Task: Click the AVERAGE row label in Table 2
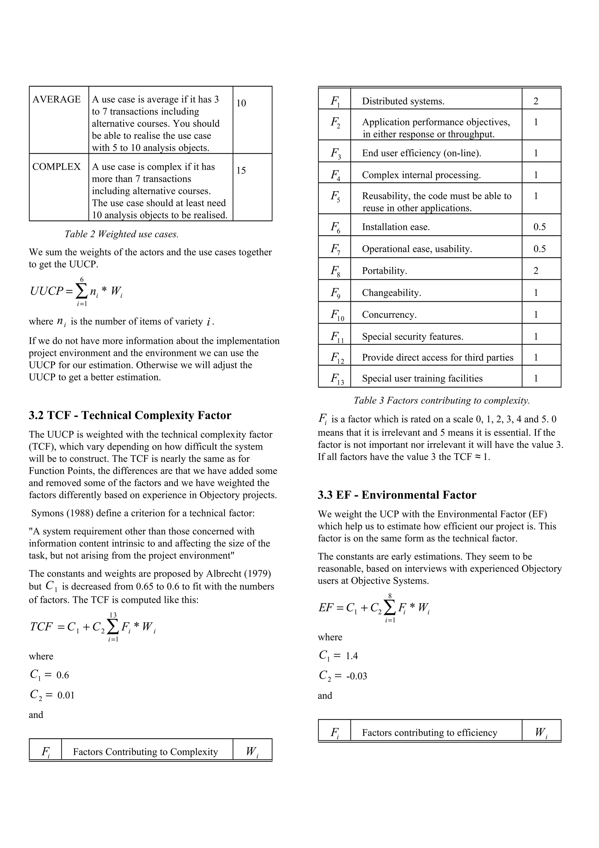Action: coord(56,99)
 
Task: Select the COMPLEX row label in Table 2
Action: coord(56,167)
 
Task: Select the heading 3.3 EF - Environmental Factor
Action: coord(397,495)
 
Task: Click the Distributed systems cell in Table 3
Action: coord(403,101)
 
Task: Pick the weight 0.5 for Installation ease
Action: coord(539,227)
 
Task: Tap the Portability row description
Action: coord(384,271)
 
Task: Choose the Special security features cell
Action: coord(412,337)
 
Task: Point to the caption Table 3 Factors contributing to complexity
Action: coord(442,400)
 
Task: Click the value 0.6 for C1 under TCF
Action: coord(63,675)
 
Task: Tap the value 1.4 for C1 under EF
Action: coord(352,656)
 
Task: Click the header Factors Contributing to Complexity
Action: coord(145,752)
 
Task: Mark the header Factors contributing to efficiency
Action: coord(429,733)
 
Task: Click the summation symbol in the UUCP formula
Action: coord(81,292)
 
